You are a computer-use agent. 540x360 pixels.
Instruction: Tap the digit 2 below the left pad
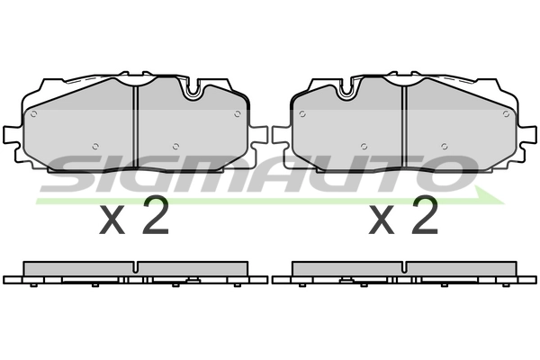pos(156,216)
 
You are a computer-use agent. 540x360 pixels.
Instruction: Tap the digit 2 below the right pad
pos(424,216)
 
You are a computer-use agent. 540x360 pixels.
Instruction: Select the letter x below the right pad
pos(383,220)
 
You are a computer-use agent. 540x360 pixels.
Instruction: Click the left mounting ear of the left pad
pos(11,135)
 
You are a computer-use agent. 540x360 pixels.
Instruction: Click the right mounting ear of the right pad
pos(529,135)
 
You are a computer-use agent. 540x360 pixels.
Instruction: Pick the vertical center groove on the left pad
pos(134,121)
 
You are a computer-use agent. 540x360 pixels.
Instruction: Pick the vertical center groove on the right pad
pos(404,121)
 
